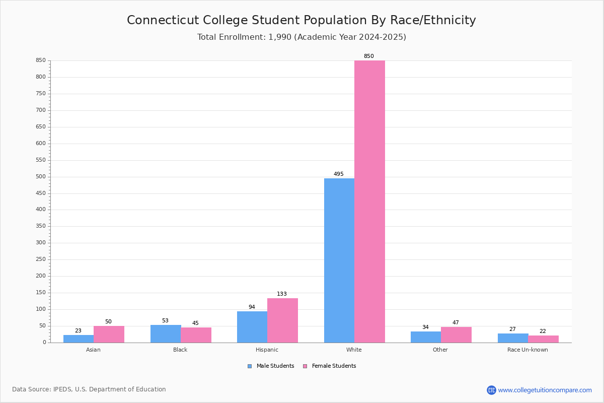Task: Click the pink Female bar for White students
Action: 369,201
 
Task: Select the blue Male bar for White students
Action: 339,260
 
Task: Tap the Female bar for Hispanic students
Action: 282,320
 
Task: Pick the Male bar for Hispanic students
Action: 252,327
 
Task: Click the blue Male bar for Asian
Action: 79,339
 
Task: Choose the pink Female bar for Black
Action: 196,335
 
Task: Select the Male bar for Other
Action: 426,337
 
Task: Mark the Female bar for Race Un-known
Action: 543,339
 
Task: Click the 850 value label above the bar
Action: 369,56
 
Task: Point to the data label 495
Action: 339,174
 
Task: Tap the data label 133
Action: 282,294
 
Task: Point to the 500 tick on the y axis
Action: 40,177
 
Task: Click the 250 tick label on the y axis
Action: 40,259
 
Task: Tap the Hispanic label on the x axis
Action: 267,350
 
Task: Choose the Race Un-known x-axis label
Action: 527,350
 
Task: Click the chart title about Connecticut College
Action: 301,20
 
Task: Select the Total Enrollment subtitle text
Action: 301,37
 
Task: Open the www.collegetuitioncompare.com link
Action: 545,390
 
